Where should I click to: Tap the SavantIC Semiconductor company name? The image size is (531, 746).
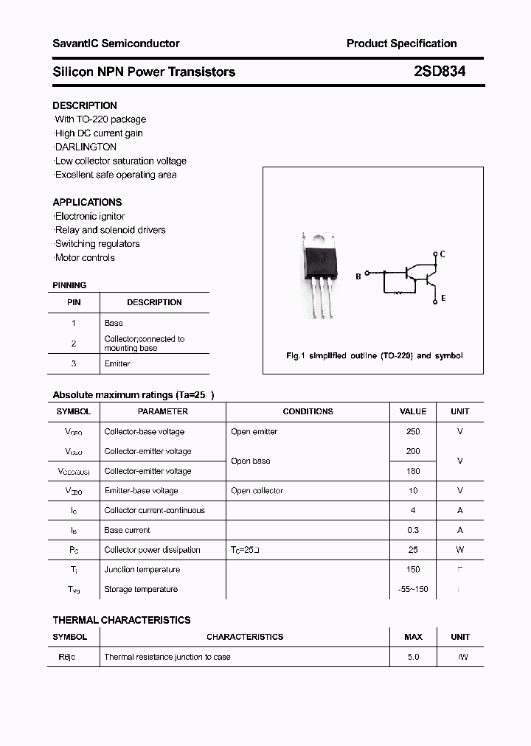[116, 43]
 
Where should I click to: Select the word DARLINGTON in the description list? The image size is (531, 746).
[86, 147]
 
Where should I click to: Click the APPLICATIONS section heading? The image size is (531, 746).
[87, 202]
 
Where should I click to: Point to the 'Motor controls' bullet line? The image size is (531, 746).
[85, 257]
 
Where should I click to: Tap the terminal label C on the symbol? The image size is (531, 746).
[442, 254]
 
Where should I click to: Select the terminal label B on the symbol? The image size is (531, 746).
[358, 276]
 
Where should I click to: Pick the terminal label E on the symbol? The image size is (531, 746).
[442, 299]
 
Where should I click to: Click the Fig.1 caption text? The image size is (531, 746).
[374, 355]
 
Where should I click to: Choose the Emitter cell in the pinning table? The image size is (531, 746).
[117, 363]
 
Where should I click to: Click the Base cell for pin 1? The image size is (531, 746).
[114, 323]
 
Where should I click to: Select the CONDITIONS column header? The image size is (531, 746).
[308, 411]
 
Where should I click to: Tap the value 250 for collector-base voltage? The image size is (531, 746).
[412, 431]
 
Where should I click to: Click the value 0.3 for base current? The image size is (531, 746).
[412, 530]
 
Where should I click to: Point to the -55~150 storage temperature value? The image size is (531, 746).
[412, 589]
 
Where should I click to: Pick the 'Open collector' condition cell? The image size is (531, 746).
[257, 490]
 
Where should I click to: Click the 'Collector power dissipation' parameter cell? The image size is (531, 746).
[152, 550]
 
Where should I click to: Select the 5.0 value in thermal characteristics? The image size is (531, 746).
[412, 657]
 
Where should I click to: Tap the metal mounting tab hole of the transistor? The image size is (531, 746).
[319, 238]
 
